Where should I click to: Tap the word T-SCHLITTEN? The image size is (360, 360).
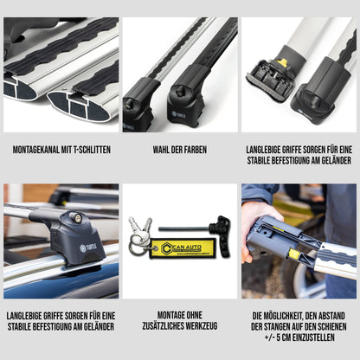[93, 150]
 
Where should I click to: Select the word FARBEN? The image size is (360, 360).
[195, 150]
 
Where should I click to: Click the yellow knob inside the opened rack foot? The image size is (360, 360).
[284, 62]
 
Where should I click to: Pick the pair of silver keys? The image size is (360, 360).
[140, 226]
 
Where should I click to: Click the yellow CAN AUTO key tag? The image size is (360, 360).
[183, 248]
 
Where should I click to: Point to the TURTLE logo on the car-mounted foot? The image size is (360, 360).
[88, 247]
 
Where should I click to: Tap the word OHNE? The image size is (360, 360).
[194, 315]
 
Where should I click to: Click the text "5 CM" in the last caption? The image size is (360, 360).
[283, 337]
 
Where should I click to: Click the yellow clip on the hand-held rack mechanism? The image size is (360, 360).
[293, 254]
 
